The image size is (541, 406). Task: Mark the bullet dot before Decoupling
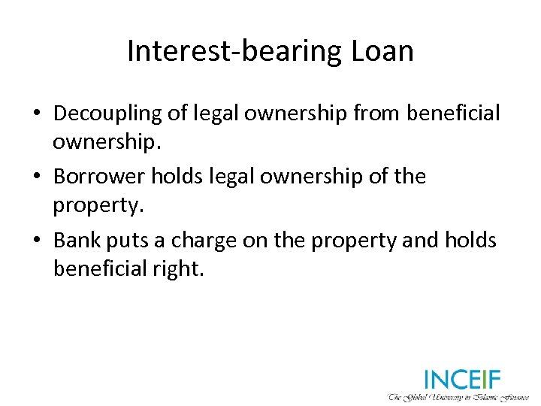(36, 114)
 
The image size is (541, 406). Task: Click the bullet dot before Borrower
(36, 177)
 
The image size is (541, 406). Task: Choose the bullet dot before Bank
(36, 241)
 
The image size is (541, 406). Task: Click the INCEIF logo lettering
(461, 379)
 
